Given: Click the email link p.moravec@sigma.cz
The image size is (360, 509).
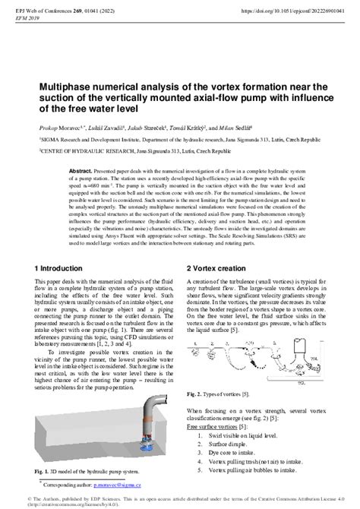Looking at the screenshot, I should [126, 483].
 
